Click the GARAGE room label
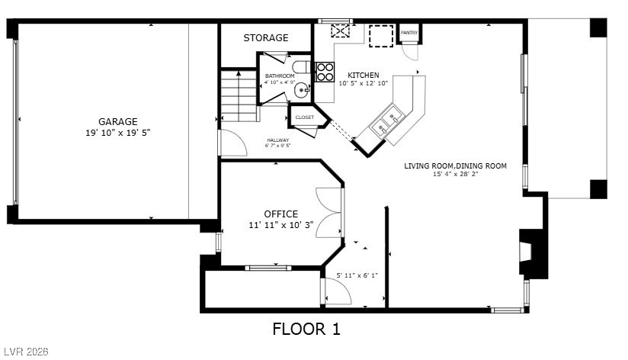click(x=117, y=121)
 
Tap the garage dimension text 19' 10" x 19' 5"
click(x=117, y=133)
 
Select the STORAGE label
click(x=266, y=37)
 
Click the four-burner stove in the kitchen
click(x=325, y=72)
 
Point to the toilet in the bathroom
click(x=301, y=66)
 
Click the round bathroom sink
click(x=301, y=90)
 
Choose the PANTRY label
click(x=409, y=33)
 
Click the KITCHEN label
click(x=364, y=75)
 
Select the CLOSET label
click(x=305, y=117)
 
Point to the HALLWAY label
click(x=278, y=140)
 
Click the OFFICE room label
click(x=280, y=214)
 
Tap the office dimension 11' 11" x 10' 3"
click(x=280, y=225)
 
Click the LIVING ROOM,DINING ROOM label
click(x=456, y=166)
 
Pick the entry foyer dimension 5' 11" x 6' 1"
click(x=357, y=275)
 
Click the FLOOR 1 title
click(x=306, y=329)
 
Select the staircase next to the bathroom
click(x=239, y=96)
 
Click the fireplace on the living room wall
click(x=531, y=252)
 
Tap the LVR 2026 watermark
click(x=26, y=352)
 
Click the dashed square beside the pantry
click(x=381, y=36)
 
